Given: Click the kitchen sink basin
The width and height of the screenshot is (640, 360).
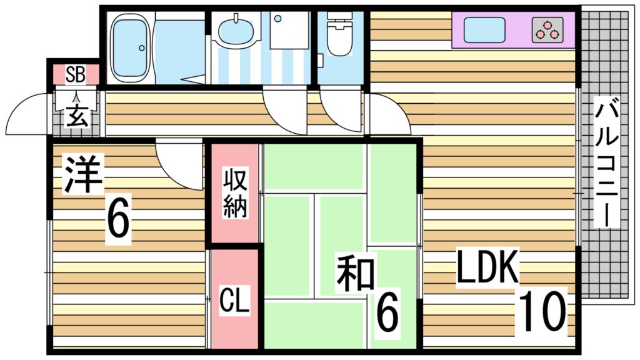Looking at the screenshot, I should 483,29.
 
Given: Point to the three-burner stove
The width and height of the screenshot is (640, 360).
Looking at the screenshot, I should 548,30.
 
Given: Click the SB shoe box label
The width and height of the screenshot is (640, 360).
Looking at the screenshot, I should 76,74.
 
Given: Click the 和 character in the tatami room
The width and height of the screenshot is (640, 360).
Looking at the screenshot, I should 356,274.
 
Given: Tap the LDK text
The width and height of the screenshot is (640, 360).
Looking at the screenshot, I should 487,268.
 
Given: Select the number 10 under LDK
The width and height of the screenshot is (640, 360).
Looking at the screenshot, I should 541,311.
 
